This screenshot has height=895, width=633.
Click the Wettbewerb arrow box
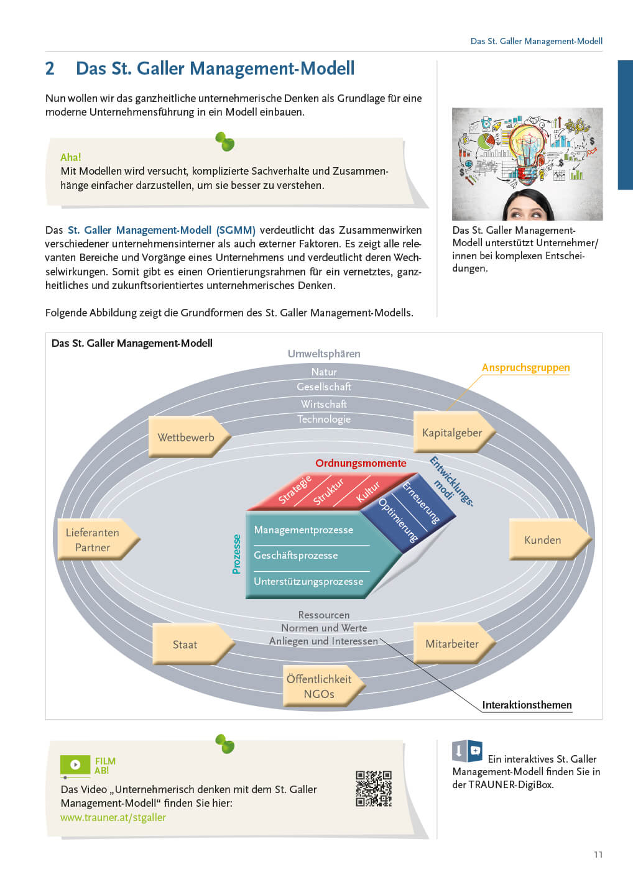click(187, 437)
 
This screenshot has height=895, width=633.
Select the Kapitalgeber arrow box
click(453, 433)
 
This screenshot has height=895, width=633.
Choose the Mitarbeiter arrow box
click(453, 644)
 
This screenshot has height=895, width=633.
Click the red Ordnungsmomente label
click(361, 463)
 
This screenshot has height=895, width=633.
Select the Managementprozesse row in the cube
click(303, 530)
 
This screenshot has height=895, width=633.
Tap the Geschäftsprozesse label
click(296, 555)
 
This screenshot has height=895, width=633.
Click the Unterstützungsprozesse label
click(308, 581)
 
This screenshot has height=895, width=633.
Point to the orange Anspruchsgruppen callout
click(525, 367)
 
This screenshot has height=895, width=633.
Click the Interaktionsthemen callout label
click(527, 705)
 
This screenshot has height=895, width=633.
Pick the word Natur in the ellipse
click(324, 372)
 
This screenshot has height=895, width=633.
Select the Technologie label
click(324, 419)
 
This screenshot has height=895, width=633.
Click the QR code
click(374, 788)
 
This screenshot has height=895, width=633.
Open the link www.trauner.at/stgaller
click(113, 817)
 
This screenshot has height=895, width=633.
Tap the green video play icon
click(75, 764)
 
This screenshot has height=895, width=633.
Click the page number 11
click(598, 855)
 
